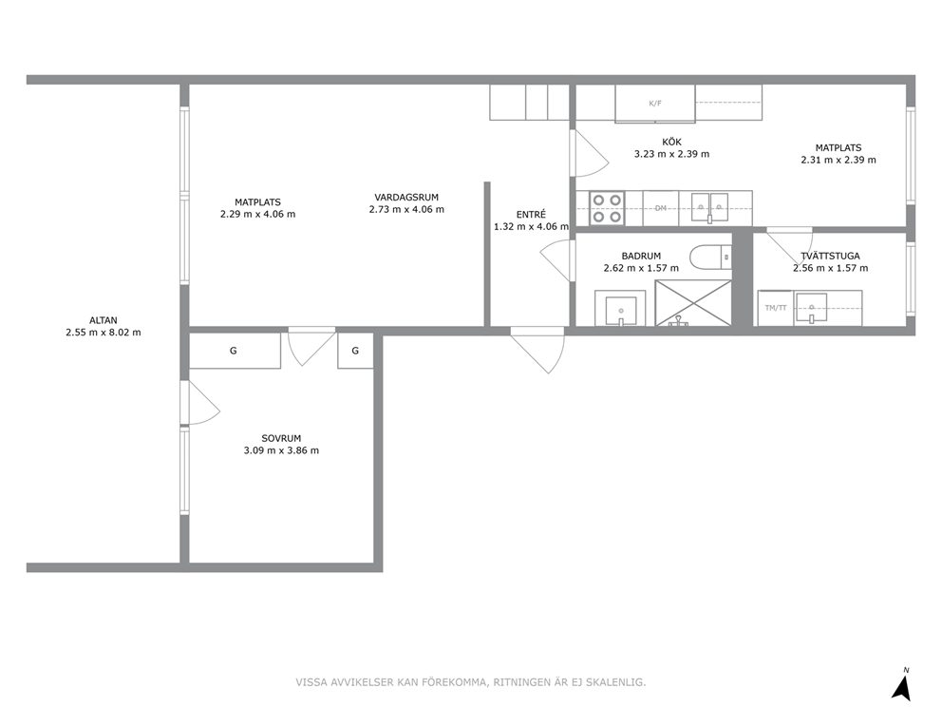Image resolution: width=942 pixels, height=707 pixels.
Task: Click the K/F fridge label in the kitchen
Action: coord(655,104)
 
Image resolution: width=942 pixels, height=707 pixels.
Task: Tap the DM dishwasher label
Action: coord(661,208)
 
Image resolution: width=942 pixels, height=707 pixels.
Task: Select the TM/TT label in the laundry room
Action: coord(776,308)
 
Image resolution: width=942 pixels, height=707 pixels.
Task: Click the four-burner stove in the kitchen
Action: coord(606,208)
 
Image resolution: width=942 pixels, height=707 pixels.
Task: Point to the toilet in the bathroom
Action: coord(710,258)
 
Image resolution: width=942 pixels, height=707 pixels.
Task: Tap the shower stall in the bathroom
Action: coord(693,303)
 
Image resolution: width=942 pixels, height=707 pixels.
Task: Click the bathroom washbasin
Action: coord(621,310)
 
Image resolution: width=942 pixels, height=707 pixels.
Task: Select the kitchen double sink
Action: coord(709,207)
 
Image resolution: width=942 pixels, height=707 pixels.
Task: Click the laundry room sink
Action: coord(812,309)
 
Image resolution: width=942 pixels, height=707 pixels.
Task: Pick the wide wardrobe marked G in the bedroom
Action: coord(235,351)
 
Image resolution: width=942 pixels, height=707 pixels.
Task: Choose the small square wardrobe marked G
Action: coord(356,351)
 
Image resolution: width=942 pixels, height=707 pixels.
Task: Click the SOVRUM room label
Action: coord(281,438)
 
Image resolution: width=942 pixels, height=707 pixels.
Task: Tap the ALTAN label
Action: coord(104,320)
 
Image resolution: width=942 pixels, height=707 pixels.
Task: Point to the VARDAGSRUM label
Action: coord(406,198)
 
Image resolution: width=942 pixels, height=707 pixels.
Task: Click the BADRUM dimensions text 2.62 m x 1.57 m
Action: coord(641,268)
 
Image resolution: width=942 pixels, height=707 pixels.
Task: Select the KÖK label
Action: coord(671,142)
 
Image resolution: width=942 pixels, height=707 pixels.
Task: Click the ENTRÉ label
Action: coord(531,214)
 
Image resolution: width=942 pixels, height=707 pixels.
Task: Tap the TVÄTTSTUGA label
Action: coord(830,257)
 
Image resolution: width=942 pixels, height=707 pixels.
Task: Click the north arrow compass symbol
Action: coord(900,686)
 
